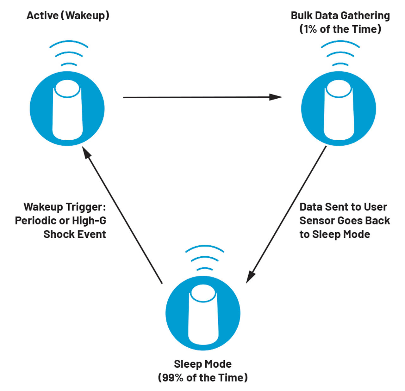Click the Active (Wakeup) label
tap(68, 15)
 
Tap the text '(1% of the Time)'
tap(340, 29)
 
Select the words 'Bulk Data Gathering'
tap(340, 15)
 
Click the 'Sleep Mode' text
tap(202, 364)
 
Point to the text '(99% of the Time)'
tap(202, 378)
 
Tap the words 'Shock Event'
tap(75, 235)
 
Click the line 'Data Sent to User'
tap(343, 207)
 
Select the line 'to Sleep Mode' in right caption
tap(334, 235)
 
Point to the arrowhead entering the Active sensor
tap(86, 153)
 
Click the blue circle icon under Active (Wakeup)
tap(67, 108)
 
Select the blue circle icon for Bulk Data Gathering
tap(339, 108)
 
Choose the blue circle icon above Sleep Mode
tap(203, 313)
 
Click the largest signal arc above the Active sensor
tap(69, 42)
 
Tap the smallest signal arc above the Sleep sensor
tap(205, 269)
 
